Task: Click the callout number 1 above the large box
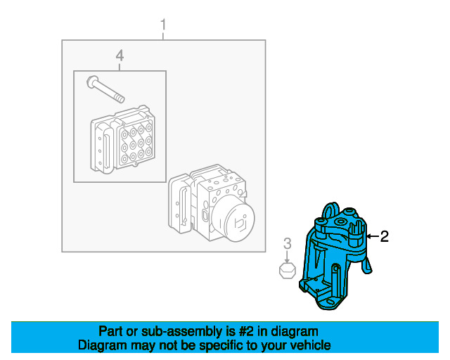163,25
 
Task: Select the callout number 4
120,56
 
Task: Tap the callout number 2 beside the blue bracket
384,236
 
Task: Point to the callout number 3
288,243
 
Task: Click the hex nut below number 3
288,271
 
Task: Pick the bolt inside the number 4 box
105,89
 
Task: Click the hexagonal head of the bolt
92,82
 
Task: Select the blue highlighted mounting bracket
335,256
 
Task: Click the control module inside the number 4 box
123,140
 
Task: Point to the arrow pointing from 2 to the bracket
373,236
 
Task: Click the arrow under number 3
288,256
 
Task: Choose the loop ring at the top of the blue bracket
330,211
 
